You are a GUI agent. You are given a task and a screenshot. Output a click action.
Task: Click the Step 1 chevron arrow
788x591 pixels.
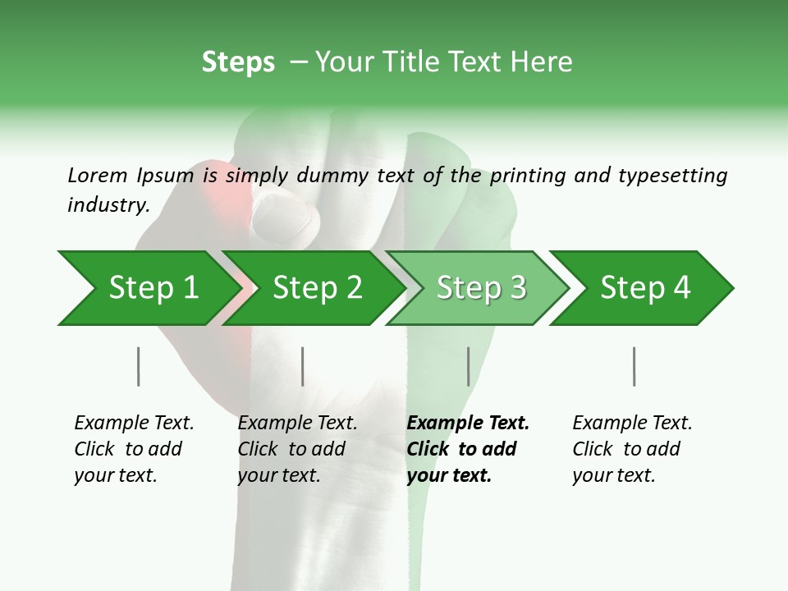pos(148,288)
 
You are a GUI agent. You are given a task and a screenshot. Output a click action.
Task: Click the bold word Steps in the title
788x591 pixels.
pos(238,62)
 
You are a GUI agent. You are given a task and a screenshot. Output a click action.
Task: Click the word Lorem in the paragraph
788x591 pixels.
pos(98,175)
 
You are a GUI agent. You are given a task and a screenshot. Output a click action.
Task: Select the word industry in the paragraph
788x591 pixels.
pos(108,204)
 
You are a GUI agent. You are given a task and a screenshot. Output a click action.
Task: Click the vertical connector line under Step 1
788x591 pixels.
pos(138,366)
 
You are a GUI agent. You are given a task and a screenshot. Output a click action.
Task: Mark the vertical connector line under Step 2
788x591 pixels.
pos(303,366)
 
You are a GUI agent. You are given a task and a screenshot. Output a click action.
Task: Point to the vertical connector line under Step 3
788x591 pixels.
pos(468,366)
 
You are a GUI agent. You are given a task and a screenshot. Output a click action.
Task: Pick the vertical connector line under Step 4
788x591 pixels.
pos(634,366)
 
